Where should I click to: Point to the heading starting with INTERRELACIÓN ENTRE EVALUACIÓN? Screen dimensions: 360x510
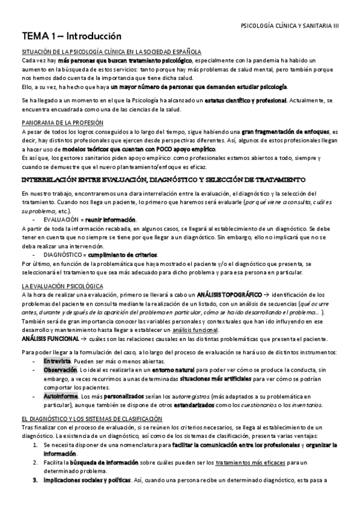(x=163, y=180)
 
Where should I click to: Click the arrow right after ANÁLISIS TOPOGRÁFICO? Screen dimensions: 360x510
(x=266, y=295)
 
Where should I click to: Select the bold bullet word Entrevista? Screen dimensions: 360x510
(x=56, y=360)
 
